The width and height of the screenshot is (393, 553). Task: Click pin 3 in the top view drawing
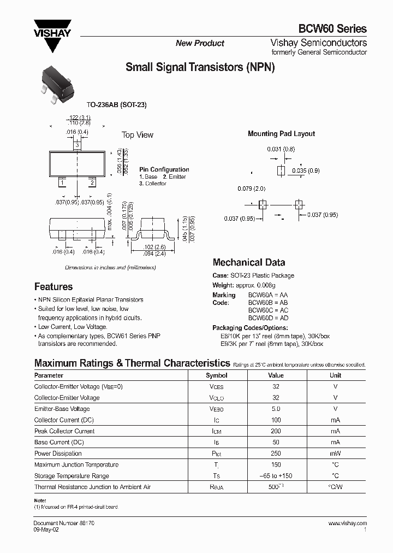pos(78,145)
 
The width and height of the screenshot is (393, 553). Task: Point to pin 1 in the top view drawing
pos(62,182)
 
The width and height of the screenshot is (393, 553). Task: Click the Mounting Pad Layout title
pos(281,134)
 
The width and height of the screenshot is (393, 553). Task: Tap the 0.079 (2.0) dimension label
pos(251,189)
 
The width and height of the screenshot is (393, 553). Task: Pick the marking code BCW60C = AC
pos(268,310)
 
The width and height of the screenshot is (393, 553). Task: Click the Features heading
pos(53,287)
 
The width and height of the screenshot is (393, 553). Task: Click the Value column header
pos(276,375)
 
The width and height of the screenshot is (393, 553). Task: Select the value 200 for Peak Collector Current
pos(276,431)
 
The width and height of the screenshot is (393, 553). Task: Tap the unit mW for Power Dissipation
pos(335,454)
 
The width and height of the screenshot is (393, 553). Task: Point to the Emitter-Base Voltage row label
pos(62,409)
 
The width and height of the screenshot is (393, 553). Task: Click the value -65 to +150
pos(276,476)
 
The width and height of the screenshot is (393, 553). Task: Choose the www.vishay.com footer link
pos(347,523)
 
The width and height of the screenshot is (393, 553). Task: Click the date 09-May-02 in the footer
pos(46,530)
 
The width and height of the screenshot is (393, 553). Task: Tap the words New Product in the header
pos(200,43)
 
